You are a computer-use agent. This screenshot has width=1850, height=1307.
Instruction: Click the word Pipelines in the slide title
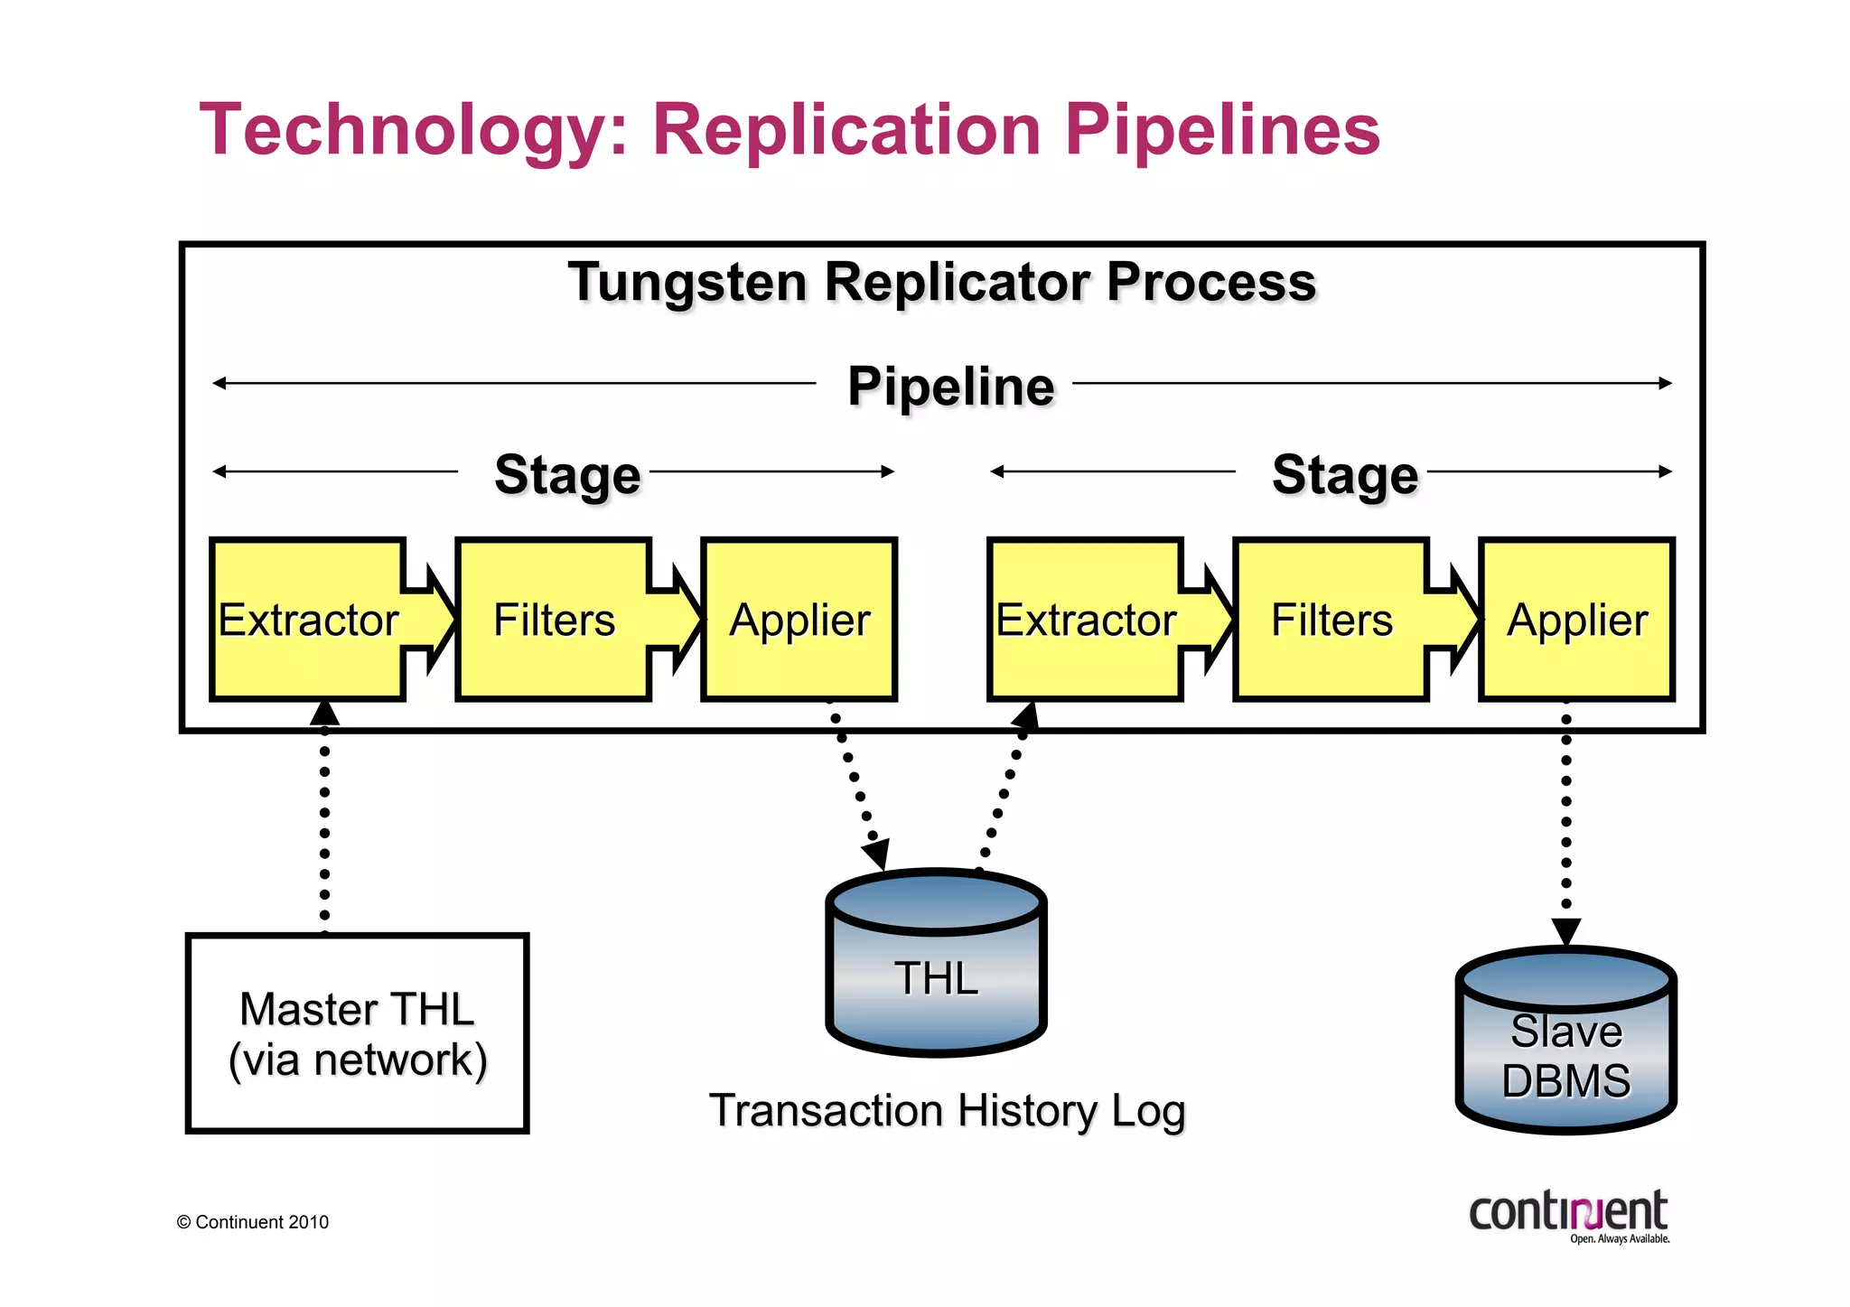(1221, 129)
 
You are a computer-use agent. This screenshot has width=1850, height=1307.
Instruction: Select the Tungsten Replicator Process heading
(942, 282)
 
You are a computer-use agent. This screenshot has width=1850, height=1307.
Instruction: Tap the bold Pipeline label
(950, 387)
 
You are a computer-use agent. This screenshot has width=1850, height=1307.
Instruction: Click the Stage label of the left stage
(567, 475)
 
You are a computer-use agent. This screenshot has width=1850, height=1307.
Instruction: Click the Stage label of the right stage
(1345, 475)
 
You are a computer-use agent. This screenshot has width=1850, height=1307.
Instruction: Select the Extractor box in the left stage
(308, 620)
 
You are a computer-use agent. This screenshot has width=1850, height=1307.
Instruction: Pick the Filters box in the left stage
(554, 620)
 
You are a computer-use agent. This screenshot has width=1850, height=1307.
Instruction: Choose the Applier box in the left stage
(799, 620)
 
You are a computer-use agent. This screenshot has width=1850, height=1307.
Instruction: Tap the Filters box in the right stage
(1331, 620)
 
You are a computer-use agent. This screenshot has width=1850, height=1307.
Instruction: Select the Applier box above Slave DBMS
(1577, 620)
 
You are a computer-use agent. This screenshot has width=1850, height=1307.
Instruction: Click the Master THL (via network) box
(357, 1033)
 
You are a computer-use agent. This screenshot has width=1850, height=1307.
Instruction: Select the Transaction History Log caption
(947, 1110)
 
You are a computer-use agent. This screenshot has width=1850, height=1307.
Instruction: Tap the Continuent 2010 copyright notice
(253, 1222)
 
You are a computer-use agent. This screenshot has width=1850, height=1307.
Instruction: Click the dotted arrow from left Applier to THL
(855, 781)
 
